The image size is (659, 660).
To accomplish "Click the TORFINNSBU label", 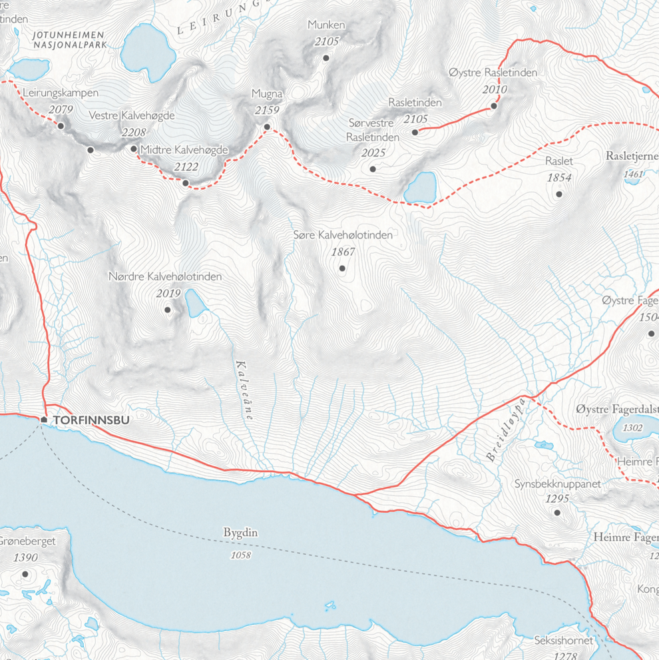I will [x=91, y=420].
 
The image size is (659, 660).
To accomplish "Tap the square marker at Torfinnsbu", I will [x=44, y=420].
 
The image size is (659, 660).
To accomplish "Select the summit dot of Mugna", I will [x=267, y=127].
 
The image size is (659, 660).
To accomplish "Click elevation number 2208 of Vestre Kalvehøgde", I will [x=133, y=133].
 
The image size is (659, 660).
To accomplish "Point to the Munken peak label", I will [x=326, y=25].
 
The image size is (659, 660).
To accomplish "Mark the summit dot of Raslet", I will [x=559, y=194].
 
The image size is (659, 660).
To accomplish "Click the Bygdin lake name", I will [x=240, y=533].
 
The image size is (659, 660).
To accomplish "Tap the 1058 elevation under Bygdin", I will [x=240, y=554].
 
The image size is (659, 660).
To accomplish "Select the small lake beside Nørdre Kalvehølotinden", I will [x=195, y=304].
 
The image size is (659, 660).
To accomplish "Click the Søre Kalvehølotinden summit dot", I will [x=342, y=268].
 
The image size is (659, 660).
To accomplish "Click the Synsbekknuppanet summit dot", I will [x=557, y=513].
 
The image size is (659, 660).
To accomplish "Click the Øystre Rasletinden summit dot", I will [x=494, y=106].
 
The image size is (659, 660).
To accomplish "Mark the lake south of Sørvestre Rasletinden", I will [x=421, y=188].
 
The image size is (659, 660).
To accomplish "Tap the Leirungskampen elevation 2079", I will [x=61, y=110].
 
